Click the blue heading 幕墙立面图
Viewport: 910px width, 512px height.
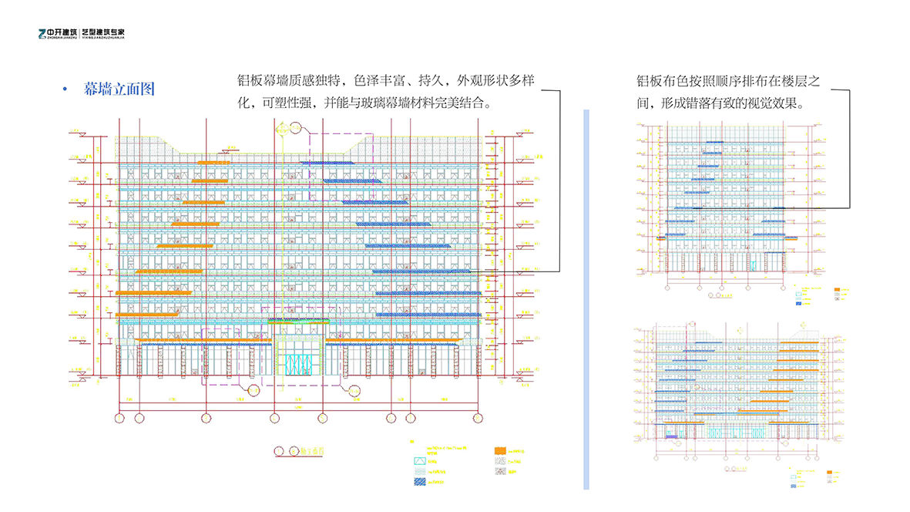coord(119,89)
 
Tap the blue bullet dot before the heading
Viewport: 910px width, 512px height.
coord(65,90)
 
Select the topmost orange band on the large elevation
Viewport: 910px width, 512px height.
coord(214,163)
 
